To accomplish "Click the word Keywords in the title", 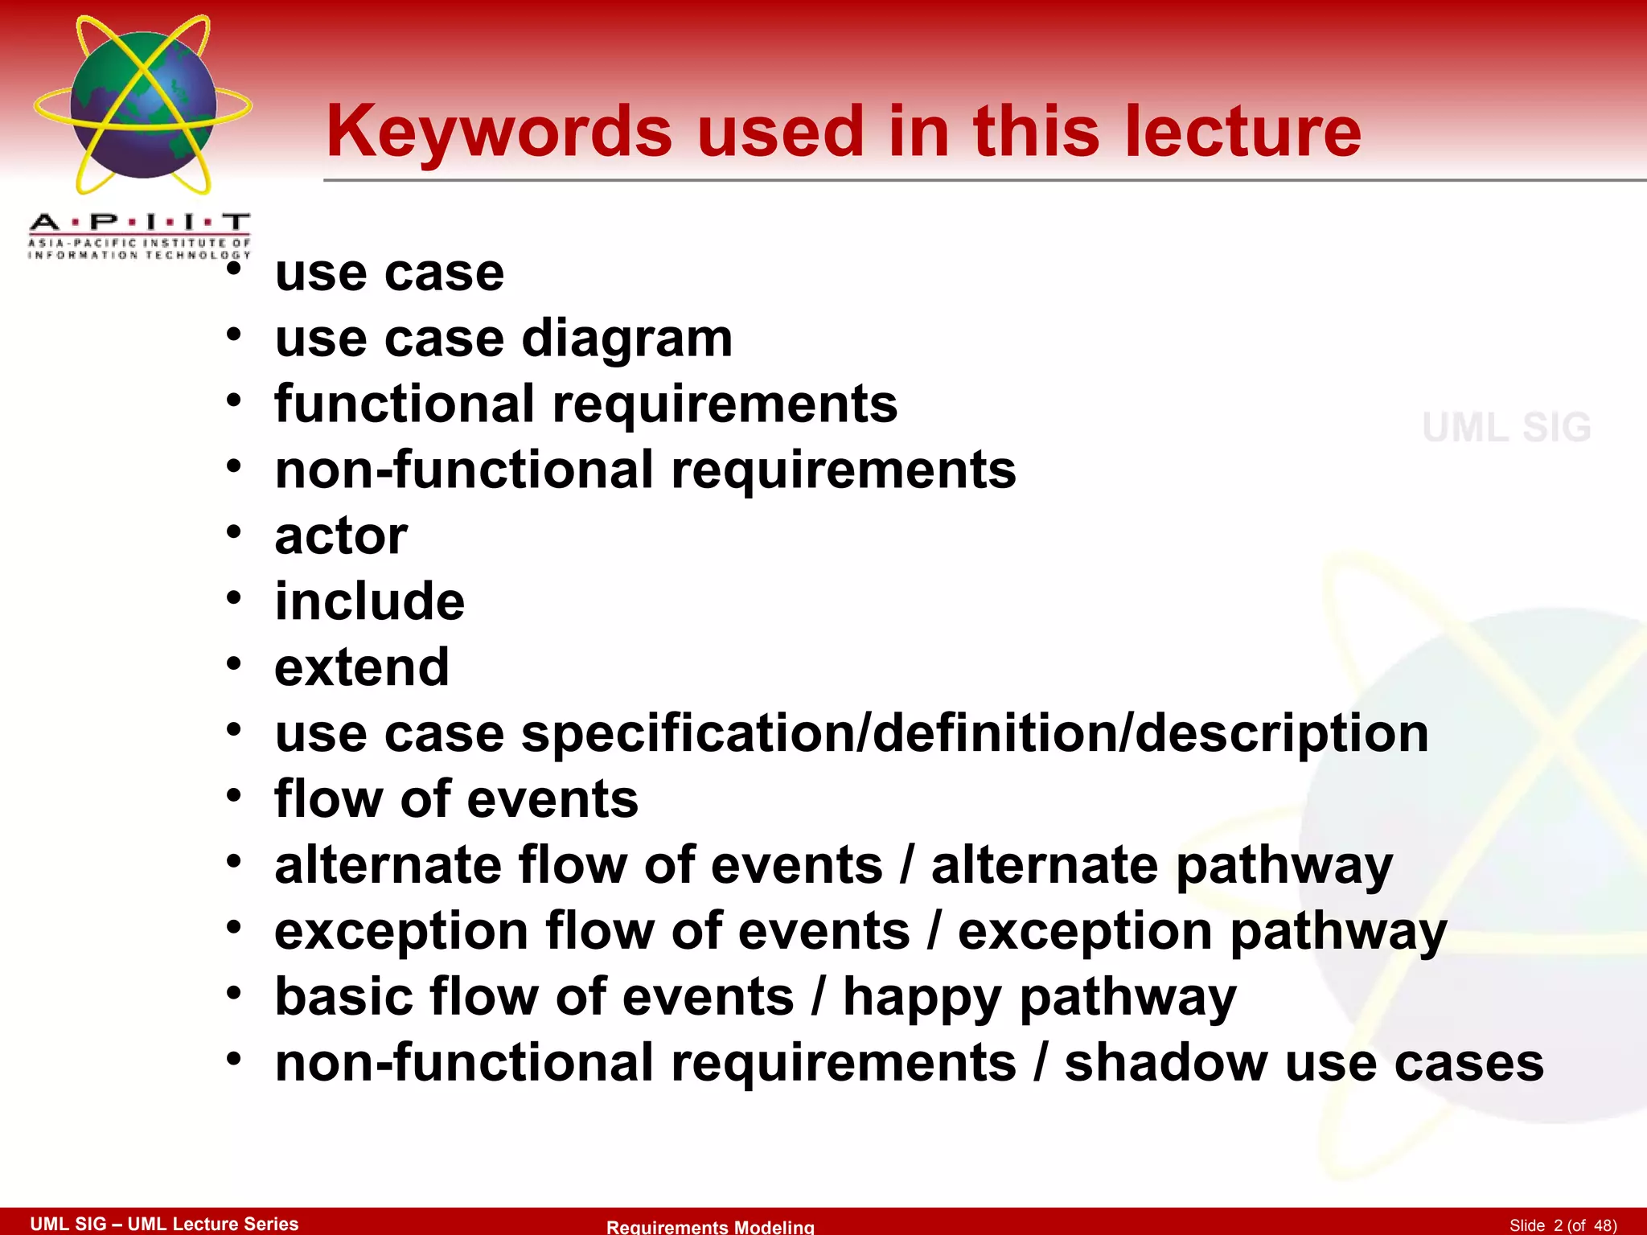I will (499, 133).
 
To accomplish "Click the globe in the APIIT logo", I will (143, 105).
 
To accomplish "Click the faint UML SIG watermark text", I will (1506, 427).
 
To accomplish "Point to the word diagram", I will (627, 339).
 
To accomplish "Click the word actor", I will (341, 536).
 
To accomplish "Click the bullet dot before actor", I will (233, 531).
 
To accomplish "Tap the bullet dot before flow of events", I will (233, 795).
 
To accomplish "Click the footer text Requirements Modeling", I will (710, 1226).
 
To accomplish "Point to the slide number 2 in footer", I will (1558, 1225).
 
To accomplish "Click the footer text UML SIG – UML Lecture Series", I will (164, 1224).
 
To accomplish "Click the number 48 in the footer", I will (1603, 1225).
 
